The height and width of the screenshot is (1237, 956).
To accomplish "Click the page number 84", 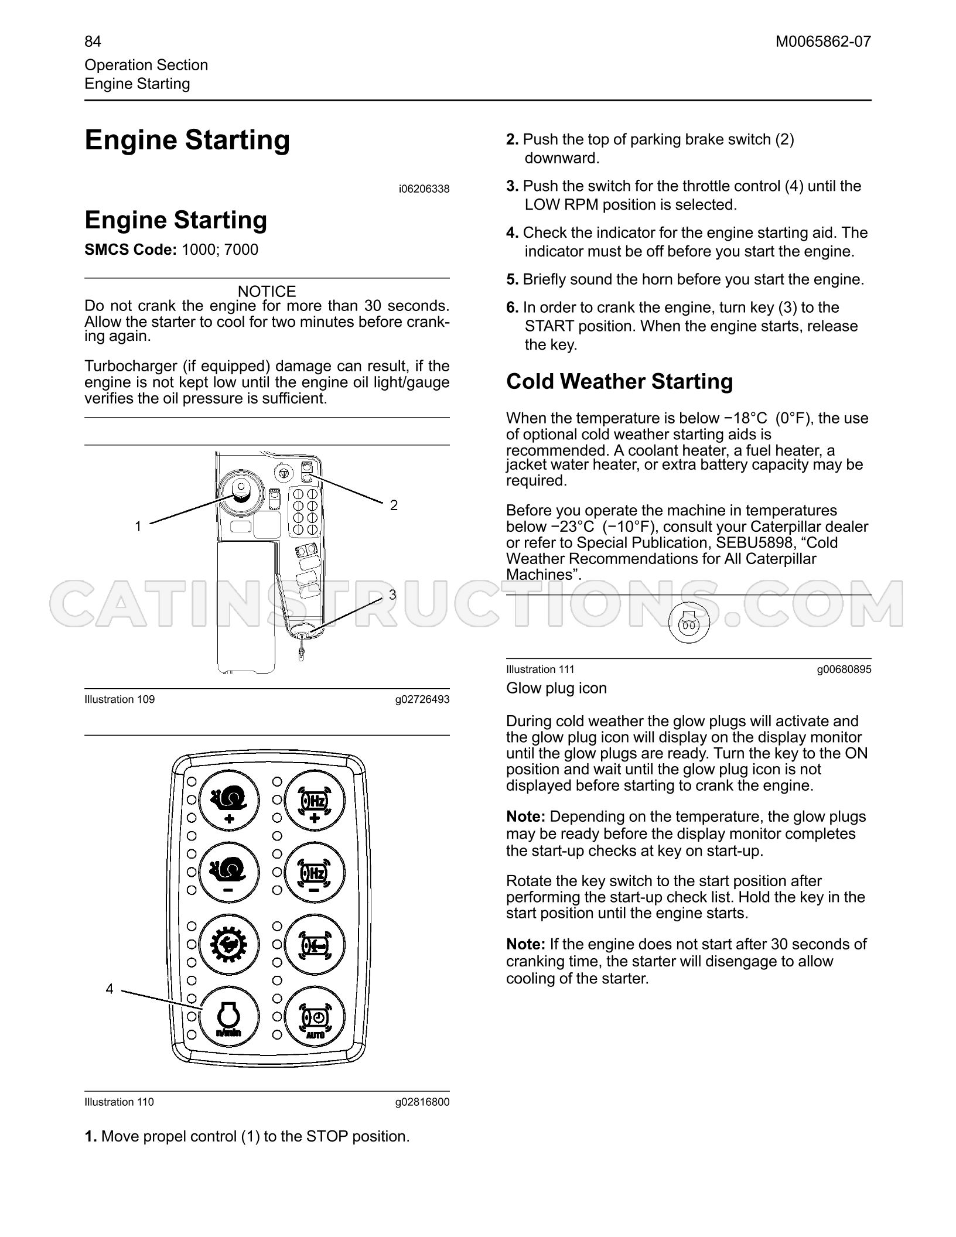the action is tap(93, 42).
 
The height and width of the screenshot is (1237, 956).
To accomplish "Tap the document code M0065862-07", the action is tap(823, 42).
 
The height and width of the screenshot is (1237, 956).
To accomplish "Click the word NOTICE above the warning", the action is tap(267, 291).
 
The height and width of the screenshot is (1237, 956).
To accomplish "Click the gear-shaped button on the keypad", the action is tap(228, 945).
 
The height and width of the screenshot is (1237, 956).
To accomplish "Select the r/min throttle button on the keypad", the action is tap(228, 1017).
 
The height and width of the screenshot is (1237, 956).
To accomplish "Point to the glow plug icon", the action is tap(689, 623).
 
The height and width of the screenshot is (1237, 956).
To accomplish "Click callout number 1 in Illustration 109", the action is tap(138, 527).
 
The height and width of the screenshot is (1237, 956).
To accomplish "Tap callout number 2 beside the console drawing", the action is tap(394, 505).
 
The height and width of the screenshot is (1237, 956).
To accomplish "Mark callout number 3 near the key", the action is tap(392, 594).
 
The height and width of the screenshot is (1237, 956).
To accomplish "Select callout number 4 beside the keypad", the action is tap(110, 989).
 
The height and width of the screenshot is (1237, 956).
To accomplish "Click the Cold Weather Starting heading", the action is tap(619, 381).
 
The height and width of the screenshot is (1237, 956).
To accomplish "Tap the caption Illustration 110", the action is tap(119, 1102).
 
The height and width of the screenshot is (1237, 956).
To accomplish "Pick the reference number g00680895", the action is tap(844, 669).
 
